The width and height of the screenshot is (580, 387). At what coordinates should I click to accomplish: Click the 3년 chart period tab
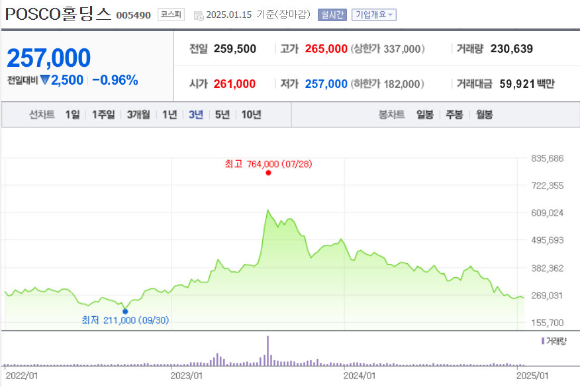[x=196, y=114]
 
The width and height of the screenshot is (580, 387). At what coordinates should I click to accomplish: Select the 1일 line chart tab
[x=72, y=114]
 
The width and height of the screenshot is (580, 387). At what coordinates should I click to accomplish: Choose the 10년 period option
[x=251, y=114]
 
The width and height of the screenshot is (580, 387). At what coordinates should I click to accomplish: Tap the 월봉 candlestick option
[x=484, y=114]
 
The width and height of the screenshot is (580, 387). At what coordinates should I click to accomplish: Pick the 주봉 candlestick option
[x=454, y=114]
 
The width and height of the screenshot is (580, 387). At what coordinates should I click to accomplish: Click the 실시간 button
[x=332, y=15]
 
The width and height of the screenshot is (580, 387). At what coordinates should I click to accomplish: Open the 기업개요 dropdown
[x=374, y=15]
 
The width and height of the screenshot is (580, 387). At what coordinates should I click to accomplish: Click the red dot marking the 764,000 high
[x=268, y=173]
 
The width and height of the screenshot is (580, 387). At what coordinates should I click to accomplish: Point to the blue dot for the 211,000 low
[x=125, y=311]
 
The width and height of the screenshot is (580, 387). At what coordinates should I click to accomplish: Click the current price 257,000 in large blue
[x=49, y=58]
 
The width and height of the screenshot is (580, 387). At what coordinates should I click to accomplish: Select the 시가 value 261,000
[x=236, y=83]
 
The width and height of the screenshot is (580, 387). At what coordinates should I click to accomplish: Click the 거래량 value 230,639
[x=511, y=48]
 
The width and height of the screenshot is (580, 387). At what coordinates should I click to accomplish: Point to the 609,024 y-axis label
[x=547, y=213]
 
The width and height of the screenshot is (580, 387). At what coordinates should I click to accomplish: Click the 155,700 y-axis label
[x=547, y=322]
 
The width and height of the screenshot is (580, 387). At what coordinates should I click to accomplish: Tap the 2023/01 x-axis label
[x=186, y=375]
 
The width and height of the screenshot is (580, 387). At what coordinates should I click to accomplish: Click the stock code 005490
[x=133, y=15]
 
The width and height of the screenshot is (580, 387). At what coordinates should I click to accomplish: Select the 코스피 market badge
[x=171, y=15]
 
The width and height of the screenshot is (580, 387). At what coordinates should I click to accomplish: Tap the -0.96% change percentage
[x=115, y=80]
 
